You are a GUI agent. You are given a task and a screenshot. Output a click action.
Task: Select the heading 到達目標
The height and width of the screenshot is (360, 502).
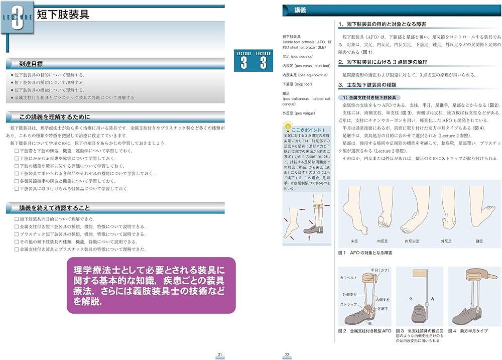tap(31, 64)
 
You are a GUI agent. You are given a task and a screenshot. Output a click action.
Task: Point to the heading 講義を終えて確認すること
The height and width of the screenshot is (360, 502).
tap(55, 208)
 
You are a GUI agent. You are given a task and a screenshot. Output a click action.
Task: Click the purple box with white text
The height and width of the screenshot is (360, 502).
tap(151, 285)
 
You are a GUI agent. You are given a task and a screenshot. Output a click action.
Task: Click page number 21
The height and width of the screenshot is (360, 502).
tap(220, 355)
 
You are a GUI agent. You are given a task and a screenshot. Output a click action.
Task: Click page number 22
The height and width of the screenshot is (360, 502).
tap(287, 355)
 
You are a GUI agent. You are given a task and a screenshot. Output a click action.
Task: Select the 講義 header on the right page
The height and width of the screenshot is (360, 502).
tap(301, 10)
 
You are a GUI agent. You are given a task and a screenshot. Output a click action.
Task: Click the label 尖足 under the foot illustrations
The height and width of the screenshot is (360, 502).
tap(355, 241)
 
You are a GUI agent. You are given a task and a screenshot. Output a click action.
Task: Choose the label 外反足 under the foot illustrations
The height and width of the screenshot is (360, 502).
tap(446, 241)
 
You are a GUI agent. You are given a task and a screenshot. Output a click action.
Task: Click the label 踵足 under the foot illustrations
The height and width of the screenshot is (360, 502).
tap(479, 241)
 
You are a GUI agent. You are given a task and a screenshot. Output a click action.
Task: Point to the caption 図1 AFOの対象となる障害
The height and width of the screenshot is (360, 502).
tap(365, 253)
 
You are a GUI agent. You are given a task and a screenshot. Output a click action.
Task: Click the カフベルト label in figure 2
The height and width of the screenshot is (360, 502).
tap(348, 277)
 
